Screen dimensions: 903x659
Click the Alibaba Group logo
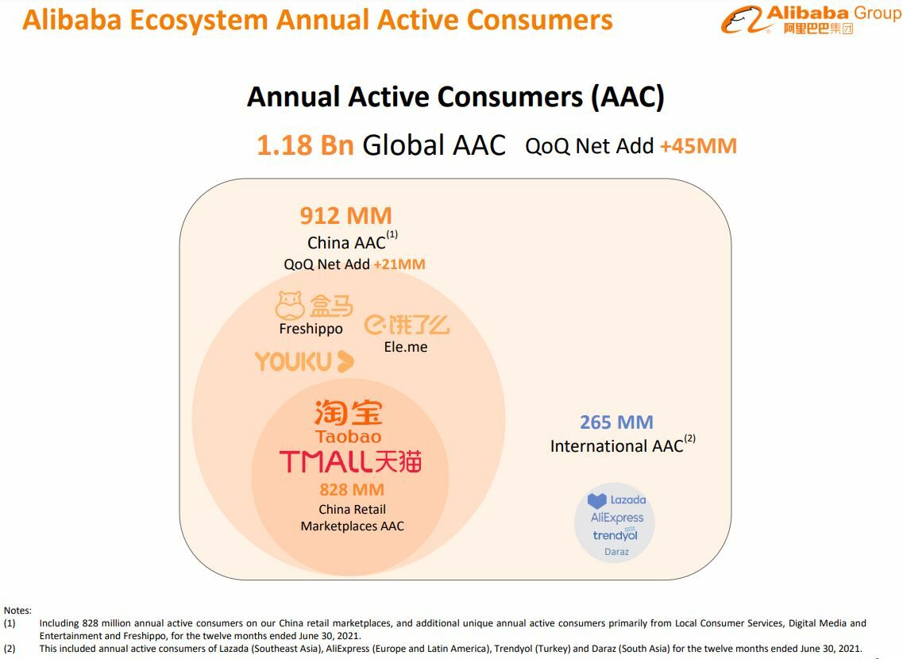pos(810,20)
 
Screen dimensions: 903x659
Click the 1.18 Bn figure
pos(305,145)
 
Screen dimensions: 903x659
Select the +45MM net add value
pos(698,146)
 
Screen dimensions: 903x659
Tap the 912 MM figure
pos(345,216)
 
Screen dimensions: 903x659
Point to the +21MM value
pos(399,264)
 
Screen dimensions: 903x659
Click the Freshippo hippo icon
pos(290,305)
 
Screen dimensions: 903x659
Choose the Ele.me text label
pos(405,346)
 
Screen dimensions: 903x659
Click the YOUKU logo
pos(304,361)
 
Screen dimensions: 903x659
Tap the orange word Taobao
pos(348,436)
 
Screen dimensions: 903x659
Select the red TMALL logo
pos(350,461)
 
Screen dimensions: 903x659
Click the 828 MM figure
pos(352,490)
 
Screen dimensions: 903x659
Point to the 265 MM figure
pos(616,422)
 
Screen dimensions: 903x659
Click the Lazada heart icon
pos(596,501)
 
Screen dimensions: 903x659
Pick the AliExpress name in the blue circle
pos(617,518)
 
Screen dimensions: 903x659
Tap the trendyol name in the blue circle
pos(615,535)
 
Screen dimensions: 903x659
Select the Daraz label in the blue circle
pos(616,551)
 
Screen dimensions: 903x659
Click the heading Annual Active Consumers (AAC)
pos(456,97)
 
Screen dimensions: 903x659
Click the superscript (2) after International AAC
pos(690,438)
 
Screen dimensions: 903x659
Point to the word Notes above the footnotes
pos(17,610)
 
